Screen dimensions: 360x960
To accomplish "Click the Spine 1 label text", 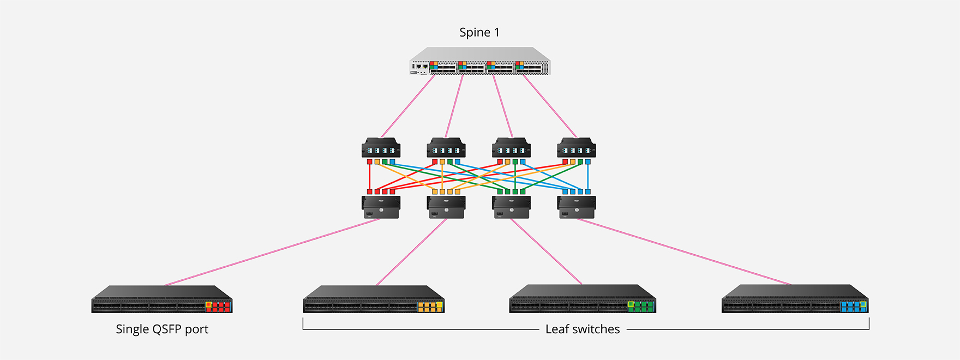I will click(x=479, y=33).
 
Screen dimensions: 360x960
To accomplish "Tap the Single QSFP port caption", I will click(x=162, y=329).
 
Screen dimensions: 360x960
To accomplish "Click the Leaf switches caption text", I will click(x=583, y=329).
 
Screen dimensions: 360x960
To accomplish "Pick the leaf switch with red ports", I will click(x=161, y=299).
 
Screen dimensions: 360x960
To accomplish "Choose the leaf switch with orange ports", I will click(x=374, y=299).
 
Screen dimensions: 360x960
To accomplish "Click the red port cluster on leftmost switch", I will click(x=218, y=307).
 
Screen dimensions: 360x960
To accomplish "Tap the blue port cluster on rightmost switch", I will click(x=854, y=307).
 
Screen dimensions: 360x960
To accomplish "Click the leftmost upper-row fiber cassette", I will click(x=381, y=148).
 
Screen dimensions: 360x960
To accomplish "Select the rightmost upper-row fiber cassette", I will click(x=576, y=148).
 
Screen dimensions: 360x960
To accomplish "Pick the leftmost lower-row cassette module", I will click(x=381, y=207).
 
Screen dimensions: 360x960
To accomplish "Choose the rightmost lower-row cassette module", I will click(x=576, y=207).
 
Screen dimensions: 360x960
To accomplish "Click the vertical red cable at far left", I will click(x=370, y=177).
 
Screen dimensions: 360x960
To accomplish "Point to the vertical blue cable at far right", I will click(x=587, y=177).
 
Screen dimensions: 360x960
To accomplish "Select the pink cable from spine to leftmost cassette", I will click(x=408, y=106).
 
